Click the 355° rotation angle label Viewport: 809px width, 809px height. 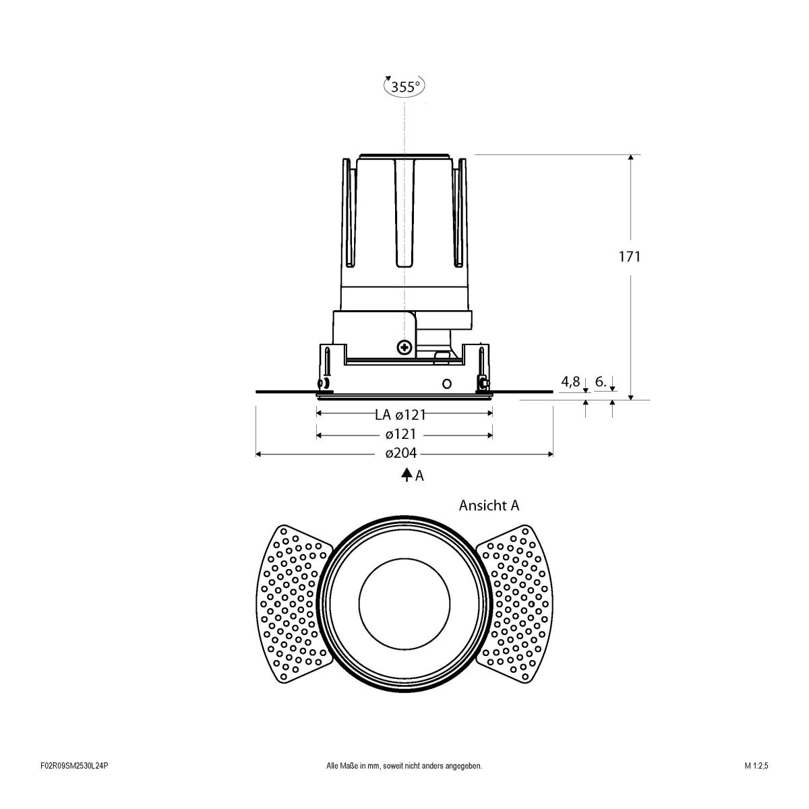tap(405, 86)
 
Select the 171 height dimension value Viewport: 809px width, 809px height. tap(630, 256)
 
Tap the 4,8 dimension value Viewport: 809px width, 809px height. tap(570, 382)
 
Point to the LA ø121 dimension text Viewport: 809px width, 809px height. tap(400, 415)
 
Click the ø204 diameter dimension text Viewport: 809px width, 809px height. tap(400, 454)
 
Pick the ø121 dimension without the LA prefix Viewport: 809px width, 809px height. tap(400, 435)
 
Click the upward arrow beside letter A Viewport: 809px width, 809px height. tap(407, 475)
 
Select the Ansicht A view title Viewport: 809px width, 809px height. tap(489, 505)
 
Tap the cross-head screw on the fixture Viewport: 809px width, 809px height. tap(404, 348)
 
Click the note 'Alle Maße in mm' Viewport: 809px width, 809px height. tap(404, 785)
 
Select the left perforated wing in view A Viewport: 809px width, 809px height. tap(295, 601)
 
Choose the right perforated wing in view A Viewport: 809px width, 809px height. tap(515, 601)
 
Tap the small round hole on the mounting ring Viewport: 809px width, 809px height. tap(446, 384)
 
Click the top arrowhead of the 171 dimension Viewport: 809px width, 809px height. tap(630, 158)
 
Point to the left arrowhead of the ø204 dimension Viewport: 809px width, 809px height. tap(259, 454)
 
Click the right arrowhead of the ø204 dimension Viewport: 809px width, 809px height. tap(550, 454)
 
